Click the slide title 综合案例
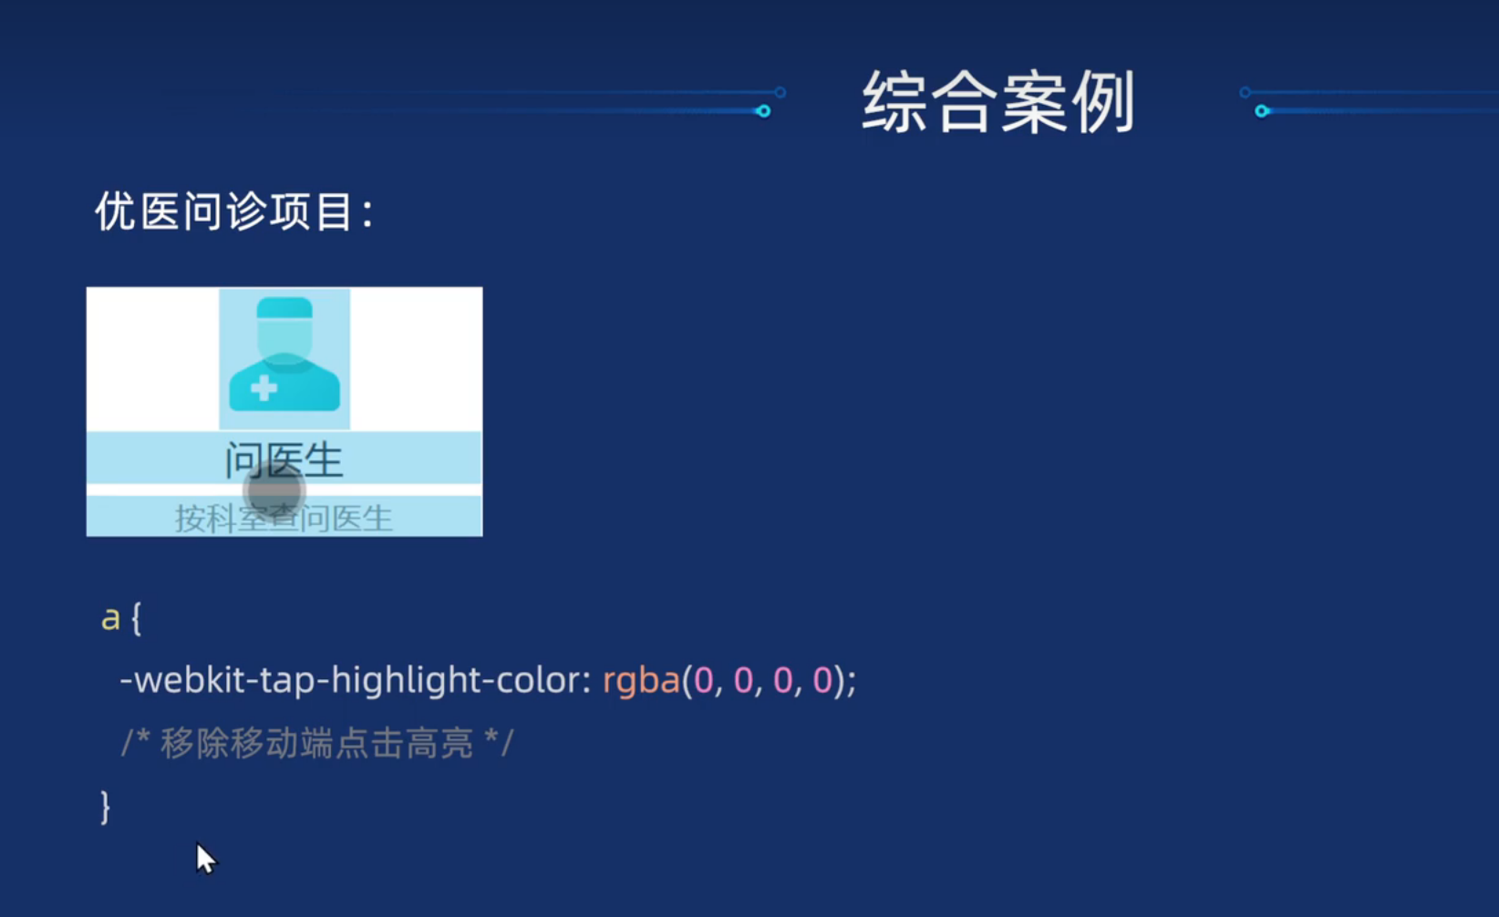coord(998,102)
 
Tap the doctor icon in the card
coord(284,358)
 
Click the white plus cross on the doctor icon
coord(264,388)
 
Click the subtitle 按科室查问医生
coord(284,519)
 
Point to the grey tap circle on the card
coord(274,490)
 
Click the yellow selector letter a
coord(110,618)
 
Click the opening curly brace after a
coord(136,618)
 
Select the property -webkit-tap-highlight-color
coord(355,680)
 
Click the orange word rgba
coord(641,680)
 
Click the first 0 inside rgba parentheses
coord(704,680)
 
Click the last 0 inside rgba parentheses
coord(822,680)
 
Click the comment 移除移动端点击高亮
coord(316,744)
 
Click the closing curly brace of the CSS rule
coord(105,807)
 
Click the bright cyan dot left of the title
coord(763,111)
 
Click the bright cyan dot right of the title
coord(1262,111)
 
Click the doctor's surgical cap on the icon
coord(284,308)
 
